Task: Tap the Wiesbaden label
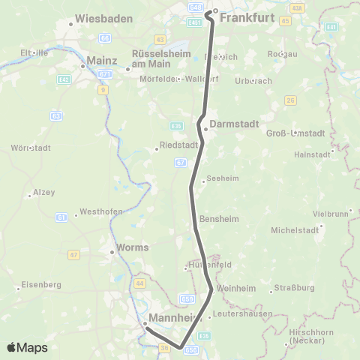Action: (103, 17)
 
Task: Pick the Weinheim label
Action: (235, 288)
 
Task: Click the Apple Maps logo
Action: (27, 348)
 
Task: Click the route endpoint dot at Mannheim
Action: (145, 324)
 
